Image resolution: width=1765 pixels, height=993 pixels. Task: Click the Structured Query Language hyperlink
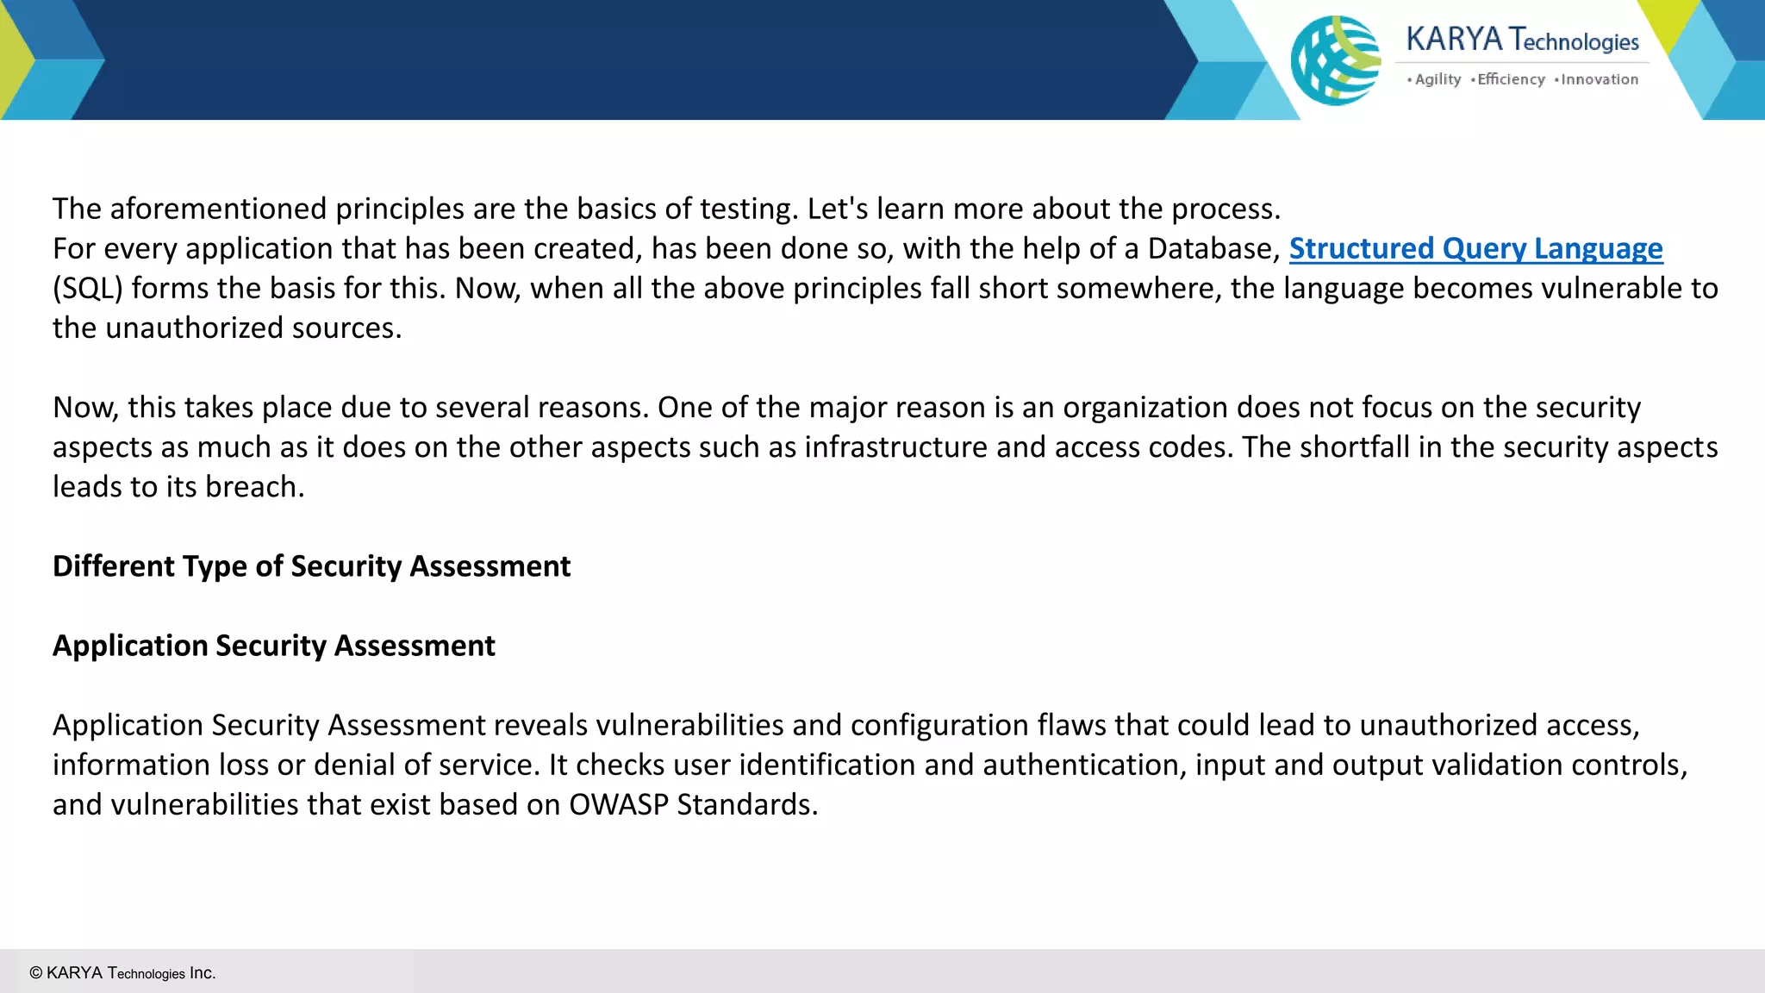tap(1475, 249)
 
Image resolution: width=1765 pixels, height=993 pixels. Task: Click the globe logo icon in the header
tap(1335, 60)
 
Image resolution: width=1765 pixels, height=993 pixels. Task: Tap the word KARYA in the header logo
tap(1454, 40)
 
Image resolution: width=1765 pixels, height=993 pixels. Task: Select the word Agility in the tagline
tap(1438, 79)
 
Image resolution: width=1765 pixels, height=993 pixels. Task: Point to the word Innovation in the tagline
tap(1600, 79)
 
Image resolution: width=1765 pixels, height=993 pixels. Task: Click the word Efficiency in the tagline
tap(1511, 79)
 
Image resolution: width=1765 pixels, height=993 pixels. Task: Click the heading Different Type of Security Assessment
tap(311, 566)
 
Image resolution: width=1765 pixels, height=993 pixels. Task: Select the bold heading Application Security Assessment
tap(273, 646)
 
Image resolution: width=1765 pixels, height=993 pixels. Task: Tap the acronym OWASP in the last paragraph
tap(619, 804)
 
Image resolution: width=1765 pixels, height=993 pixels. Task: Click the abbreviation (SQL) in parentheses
tap(88, 289)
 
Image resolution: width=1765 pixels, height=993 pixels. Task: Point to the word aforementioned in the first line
tap(218, 209)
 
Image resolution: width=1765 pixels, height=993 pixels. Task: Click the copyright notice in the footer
tap(122, 973)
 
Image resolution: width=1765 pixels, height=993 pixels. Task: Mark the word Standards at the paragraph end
tap(746, 804)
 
